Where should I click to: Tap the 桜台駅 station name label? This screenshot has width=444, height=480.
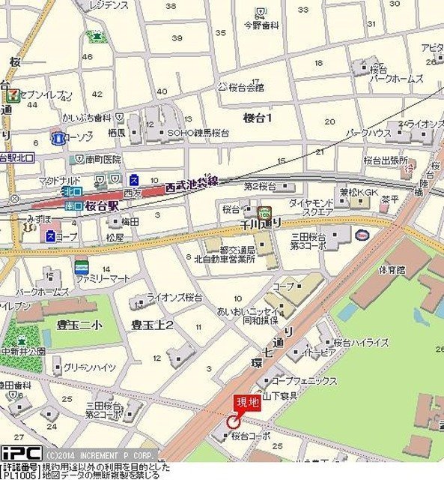[103, 204]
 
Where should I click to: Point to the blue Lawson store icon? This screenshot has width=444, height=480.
[57, 138]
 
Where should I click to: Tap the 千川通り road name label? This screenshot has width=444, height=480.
[260, 224]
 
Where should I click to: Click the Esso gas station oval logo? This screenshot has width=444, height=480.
[362, 234]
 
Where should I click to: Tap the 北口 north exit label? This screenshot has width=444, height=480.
[73, 192]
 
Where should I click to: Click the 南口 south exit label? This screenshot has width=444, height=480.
[73, 205]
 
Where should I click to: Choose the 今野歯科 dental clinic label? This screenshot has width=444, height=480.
[261, 25]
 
